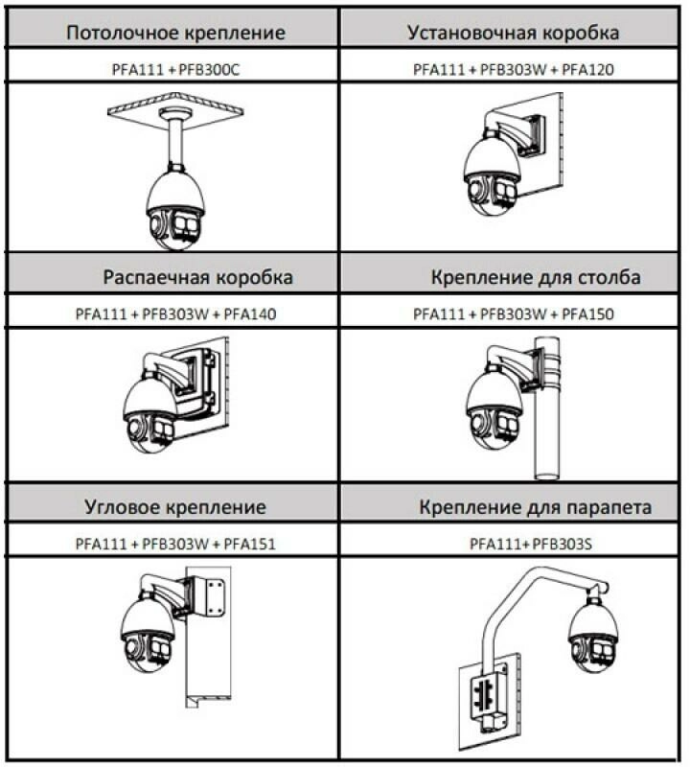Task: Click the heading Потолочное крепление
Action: (175, 33)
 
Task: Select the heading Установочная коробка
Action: (513, 33)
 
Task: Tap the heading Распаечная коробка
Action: (197, 278)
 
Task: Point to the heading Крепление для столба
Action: (536, 278)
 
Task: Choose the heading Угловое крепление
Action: (175, 507)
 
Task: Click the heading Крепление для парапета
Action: (536, 507)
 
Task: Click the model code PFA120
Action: (587, 69)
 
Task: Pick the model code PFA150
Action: (587, 314)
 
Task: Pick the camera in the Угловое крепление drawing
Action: (149, 634)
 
